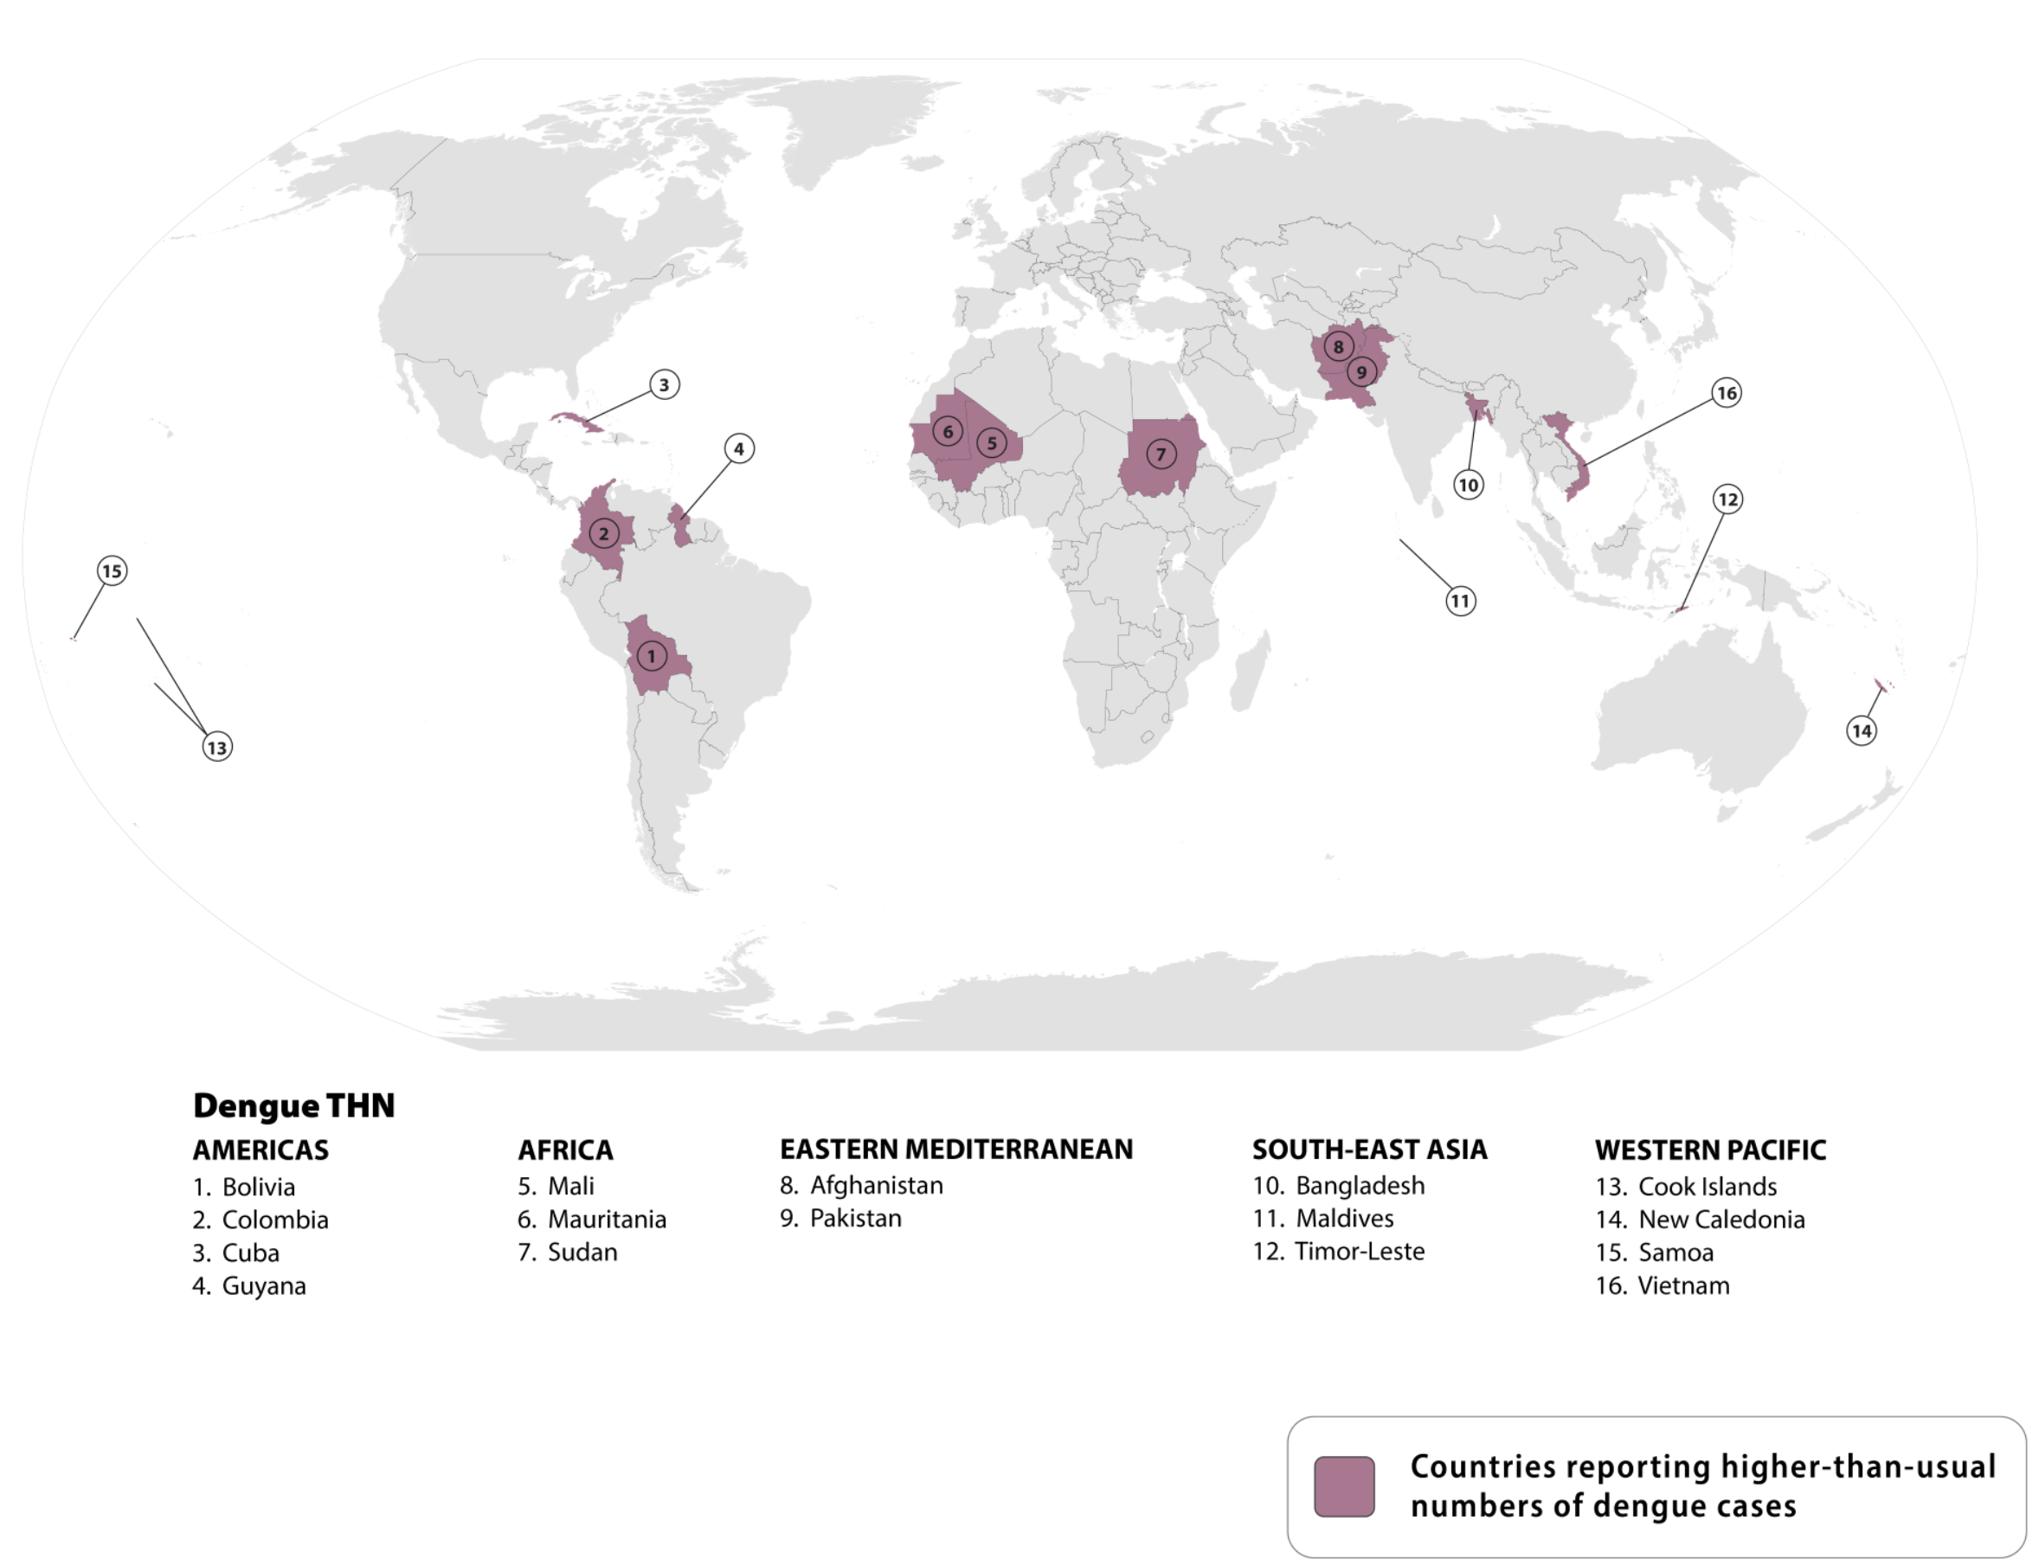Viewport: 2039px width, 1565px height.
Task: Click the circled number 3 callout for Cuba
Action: pyautogui.click(x=664, y=383)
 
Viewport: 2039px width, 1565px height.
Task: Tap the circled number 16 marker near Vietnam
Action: pyautogui.click(x=1726, y=392)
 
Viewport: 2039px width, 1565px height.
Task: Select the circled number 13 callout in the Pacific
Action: pyautogui.click(x=217, y=746)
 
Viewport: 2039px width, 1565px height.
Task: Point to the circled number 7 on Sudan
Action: pyautogui.click(x=1161, y=454)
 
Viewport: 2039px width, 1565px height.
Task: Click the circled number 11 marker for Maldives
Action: pyautogui.click(x=1460, y=601)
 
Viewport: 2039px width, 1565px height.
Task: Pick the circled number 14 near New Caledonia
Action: pyautogui.click(x=1861, y=731)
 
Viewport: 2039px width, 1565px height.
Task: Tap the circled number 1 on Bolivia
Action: pyautogui.click(x=651, y=656)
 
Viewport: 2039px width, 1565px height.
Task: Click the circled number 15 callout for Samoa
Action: pyautogui.click(x=112, y=570)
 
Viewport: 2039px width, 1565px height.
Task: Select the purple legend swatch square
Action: pyautogui.click(x=1343, y=1487)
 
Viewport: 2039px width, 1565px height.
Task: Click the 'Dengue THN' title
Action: pyautogui.click(x=293, y=1105)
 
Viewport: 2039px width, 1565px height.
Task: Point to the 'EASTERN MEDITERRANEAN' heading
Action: pyautogui.click(x=955, y=1150)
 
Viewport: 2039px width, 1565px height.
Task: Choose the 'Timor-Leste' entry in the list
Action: pyautogui.click(x=1359, y=1251)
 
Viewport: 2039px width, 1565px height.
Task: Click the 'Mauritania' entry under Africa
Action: pyautogui.click(x=607, y=1220)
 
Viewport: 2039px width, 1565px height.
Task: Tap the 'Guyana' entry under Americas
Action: pyautogui.click(x=264, y=1285)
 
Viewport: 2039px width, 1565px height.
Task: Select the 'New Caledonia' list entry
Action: pyautogui.click(x=1721, y=1220)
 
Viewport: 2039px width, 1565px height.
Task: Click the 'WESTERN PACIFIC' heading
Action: pyautogui.click(x=1710, y=1150)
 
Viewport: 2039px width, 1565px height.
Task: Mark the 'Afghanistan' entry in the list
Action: pyautogui.click(x=876, y=1185)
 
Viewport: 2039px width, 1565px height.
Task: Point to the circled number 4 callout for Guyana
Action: pyautogui.click(x=738, y=448)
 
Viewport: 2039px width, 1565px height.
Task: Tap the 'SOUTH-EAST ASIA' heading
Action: pyautogui.click(x=1369, y=1150)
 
